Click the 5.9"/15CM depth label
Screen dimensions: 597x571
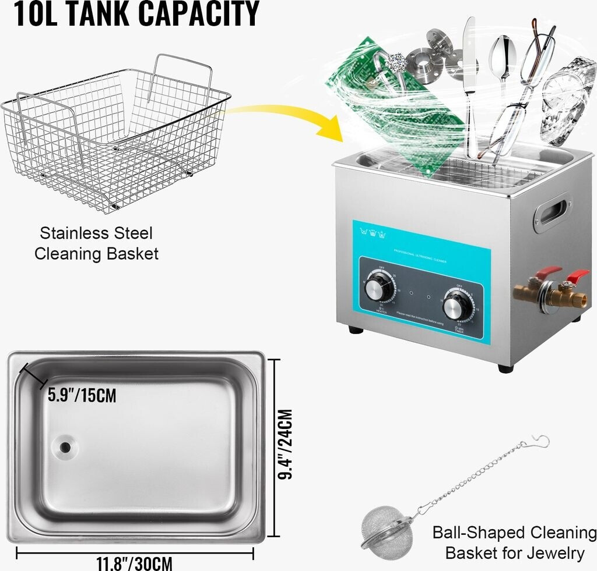coord(82,396)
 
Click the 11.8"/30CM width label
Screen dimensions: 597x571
coord(135,563)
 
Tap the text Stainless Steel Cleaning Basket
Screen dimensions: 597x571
coord(96,243)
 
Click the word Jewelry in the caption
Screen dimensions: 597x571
coord(556,552)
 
